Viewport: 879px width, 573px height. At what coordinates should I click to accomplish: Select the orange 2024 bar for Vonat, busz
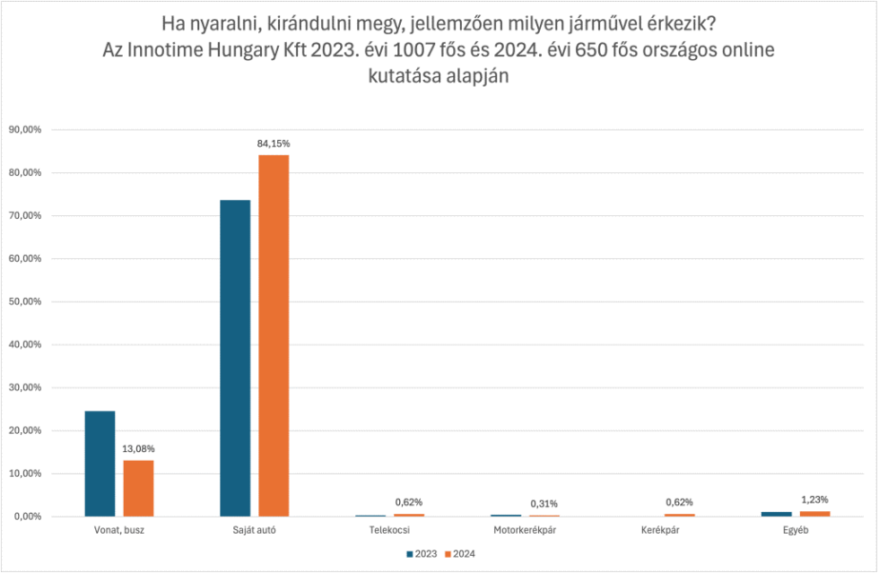(138, 489)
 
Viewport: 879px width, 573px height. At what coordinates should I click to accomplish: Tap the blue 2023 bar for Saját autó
(235, 359)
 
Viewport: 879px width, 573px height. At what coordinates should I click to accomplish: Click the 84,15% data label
(274, 143)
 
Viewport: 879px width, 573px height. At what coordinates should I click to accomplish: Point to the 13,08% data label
(139, 448)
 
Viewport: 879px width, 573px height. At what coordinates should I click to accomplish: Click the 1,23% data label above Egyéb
(814, 499)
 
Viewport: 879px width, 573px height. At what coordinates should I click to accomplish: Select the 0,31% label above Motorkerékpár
(544, 504)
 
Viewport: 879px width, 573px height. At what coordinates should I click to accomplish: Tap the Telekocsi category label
(390, 530)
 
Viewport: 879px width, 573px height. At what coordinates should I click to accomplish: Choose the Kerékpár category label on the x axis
(660, 530)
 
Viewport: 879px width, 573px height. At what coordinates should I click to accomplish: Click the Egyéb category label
(796, 530)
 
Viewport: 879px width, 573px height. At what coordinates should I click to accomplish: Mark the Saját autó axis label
(255, 530)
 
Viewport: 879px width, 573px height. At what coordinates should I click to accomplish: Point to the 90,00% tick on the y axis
(24, 129)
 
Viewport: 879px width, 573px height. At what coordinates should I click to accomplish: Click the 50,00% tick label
(24, 301)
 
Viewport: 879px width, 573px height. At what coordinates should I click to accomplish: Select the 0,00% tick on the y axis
(27, 517)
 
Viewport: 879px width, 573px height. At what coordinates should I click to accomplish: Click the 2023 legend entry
(422, 554)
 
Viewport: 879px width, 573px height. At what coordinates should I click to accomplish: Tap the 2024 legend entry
(460, 554)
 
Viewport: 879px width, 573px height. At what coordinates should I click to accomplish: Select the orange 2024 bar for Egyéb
(814, 514)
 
